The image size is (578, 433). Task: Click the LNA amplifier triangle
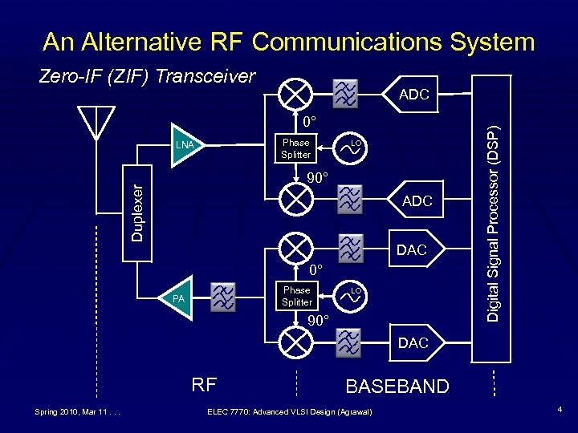185,145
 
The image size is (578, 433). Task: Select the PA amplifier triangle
178,298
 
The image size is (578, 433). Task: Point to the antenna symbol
96,124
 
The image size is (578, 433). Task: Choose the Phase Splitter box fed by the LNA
296,148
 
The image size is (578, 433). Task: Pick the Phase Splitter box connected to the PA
296,296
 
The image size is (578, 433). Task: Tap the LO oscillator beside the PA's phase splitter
352,294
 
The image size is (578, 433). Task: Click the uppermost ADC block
413,95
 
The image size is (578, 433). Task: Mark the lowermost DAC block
411,342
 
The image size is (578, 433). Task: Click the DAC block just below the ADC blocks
411,249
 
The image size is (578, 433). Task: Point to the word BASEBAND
397,386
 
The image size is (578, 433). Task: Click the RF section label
205,385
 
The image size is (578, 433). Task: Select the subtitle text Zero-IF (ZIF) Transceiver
148,76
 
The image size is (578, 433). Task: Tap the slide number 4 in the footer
560,411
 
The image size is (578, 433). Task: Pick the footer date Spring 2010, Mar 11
77,412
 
